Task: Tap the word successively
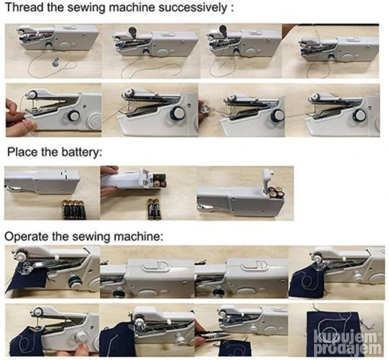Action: pyautogui.click(x=192, y=8)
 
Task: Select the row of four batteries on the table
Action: pyautogui.click(x=74, y=209)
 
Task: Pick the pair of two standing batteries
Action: pyautogui.click(x=155, y=209)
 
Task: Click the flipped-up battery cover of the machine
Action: pyautogui.click(x=268, y=178)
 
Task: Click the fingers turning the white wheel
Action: pyautogui.click(x=77, y=349)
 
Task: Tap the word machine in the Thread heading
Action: pyautogui.click(x=132, y=8)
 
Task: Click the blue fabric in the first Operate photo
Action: pyautogui.click(x=25, y=279)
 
